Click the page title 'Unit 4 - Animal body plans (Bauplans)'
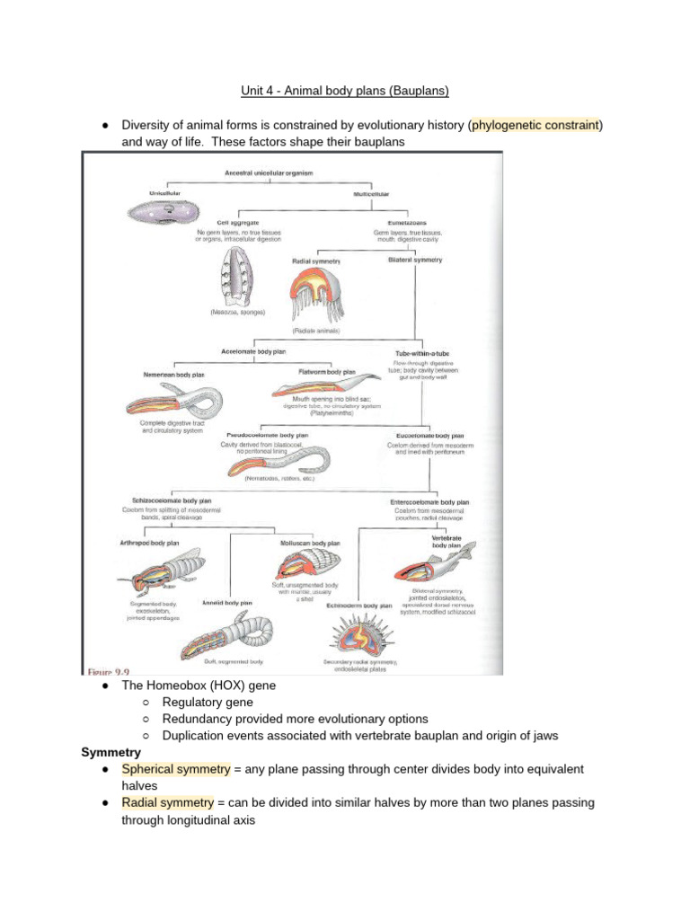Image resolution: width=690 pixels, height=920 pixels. pos(344,91)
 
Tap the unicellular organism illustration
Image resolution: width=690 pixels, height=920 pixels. pos(159,213)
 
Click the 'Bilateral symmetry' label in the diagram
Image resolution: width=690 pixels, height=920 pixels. pos(414,260)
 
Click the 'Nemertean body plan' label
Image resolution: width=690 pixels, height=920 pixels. pos(174,374)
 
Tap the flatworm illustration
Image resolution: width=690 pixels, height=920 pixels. pos(314,387)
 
